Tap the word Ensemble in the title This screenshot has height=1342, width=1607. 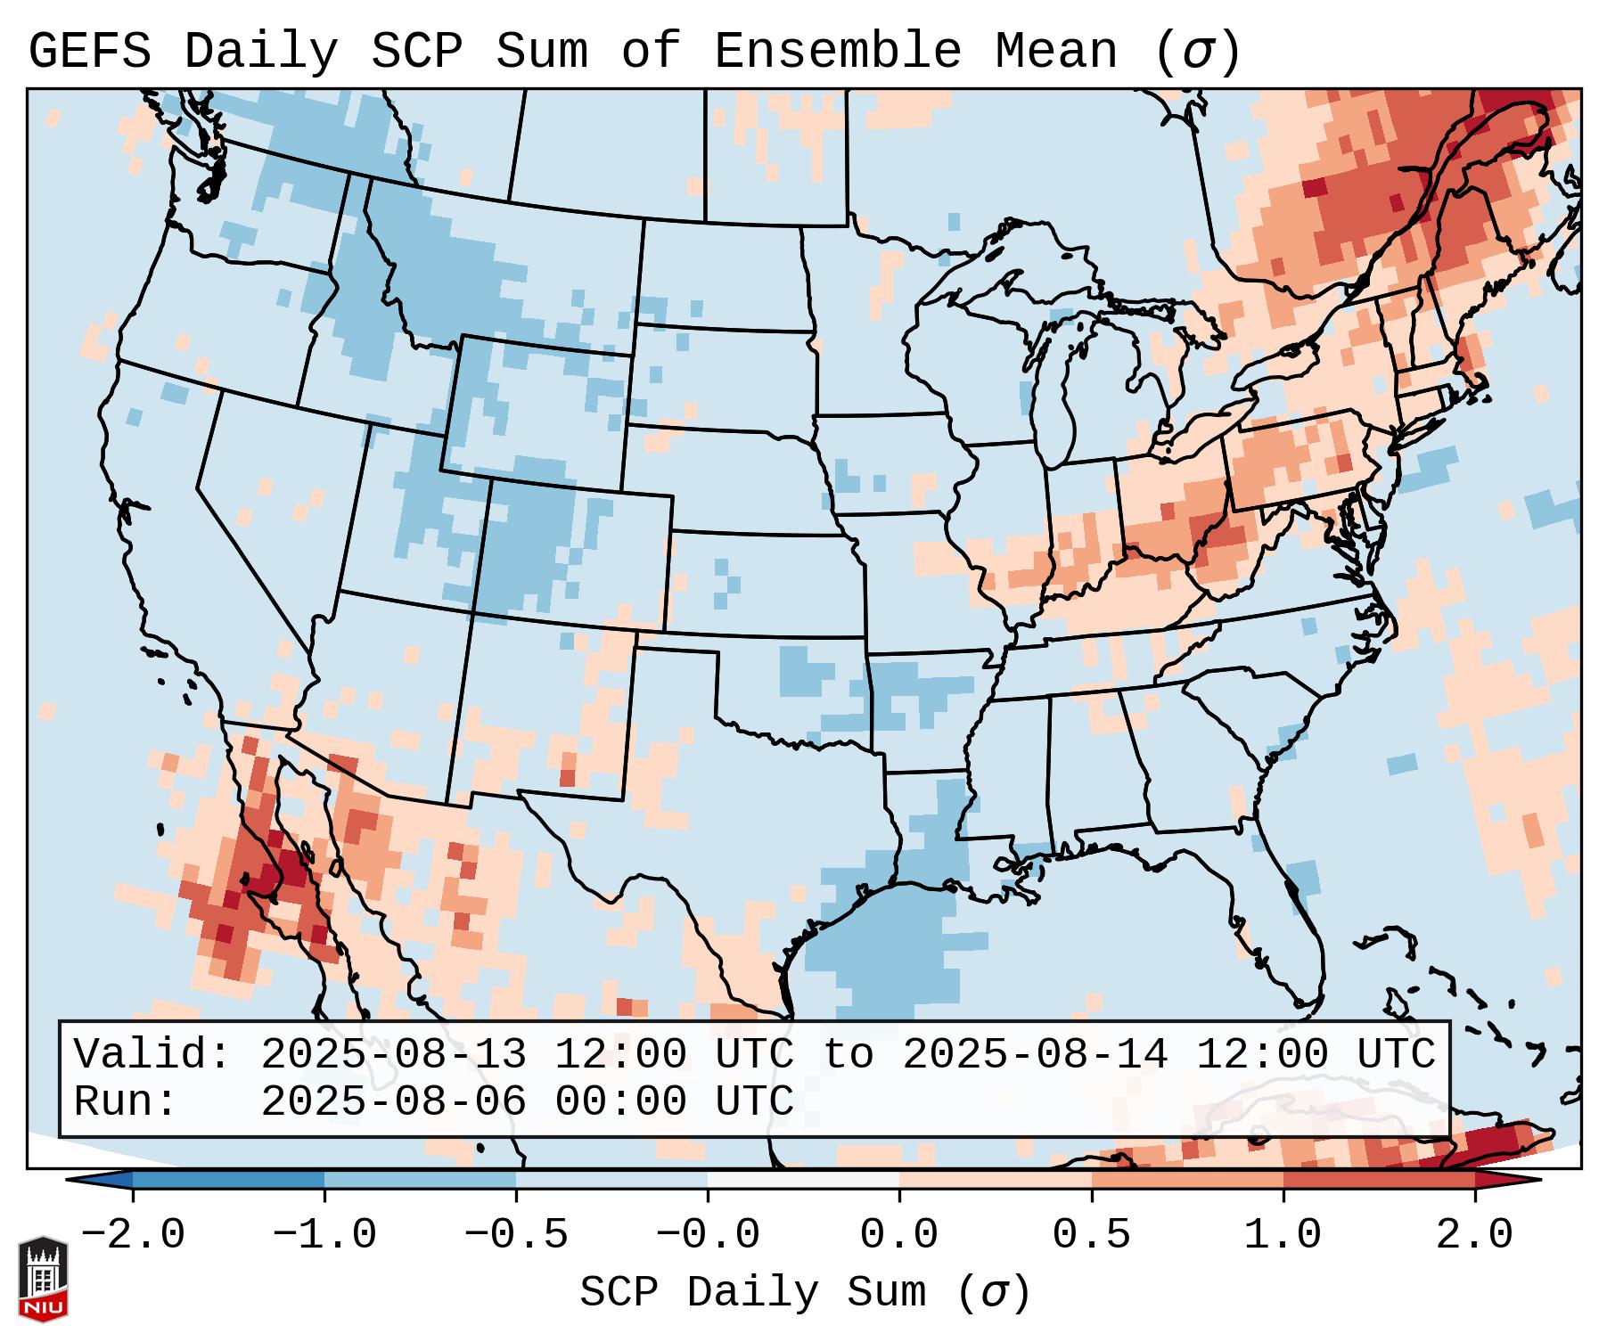(837, 52)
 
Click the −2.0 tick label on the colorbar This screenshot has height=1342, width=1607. (133, 1235)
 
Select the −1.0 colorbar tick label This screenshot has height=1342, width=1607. (324, 1235)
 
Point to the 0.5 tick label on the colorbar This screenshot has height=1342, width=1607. (1091, 1235)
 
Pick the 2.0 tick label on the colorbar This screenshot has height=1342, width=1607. (1474, 1235)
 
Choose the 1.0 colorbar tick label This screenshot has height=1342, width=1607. (1283, 1235)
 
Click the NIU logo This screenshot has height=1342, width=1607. (43, 1279)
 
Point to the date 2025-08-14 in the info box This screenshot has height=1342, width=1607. (1035, 1054)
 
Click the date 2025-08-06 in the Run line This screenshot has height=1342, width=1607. (393, 1101)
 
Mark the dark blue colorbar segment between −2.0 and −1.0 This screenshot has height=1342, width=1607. (228, 1180)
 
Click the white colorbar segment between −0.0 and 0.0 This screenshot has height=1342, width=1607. (803, 1180)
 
